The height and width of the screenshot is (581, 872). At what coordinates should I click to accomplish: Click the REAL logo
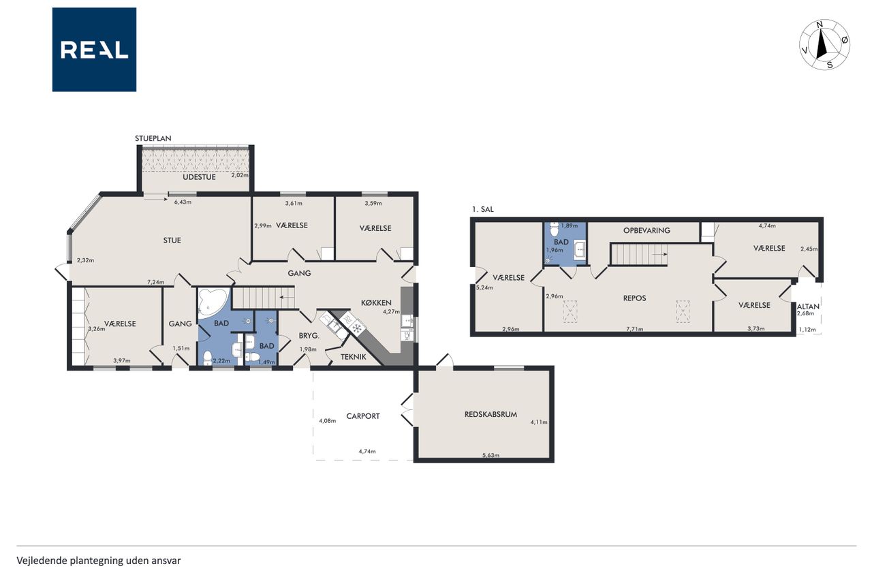click(94, 50)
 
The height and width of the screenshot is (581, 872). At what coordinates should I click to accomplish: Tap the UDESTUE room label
click(200, 177)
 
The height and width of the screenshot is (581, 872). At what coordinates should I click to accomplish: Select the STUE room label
click(172, 240)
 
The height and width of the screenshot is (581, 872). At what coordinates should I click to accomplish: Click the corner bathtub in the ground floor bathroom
click(212, 301)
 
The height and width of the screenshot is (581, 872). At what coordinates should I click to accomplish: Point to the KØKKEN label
click(376, 302)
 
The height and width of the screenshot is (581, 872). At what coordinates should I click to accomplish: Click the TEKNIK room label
click(354, 356)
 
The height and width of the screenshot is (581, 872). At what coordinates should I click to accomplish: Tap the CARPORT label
click(363, 416)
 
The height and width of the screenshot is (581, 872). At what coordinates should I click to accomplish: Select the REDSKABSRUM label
click(490, 414)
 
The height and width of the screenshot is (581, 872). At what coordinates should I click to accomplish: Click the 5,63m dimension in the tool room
click(490, 455)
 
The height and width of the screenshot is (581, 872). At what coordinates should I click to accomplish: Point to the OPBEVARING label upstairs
click(647, 230)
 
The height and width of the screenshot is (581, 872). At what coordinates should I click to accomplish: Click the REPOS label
click(634, 298)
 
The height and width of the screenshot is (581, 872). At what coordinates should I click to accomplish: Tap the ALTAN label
click(808, 307)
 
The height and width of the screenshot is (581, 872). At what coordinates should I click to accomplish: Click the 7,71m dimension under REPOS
click(634, 329)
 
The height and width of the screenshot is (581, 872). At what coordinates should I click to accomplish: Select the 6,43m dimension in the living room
click(183, 202)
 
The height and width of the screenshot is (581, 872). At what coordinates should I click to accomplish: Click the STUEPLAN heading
click(153, 138)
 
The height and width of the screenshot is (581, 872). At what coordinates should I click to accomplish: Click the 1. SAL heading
click(483, 209)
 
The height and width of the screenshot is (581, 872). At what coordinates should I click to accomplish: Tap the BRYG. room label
click(309, 335)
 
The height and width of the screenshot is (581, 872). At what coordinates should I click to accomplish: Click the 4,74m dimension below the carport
click(367, 452)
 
